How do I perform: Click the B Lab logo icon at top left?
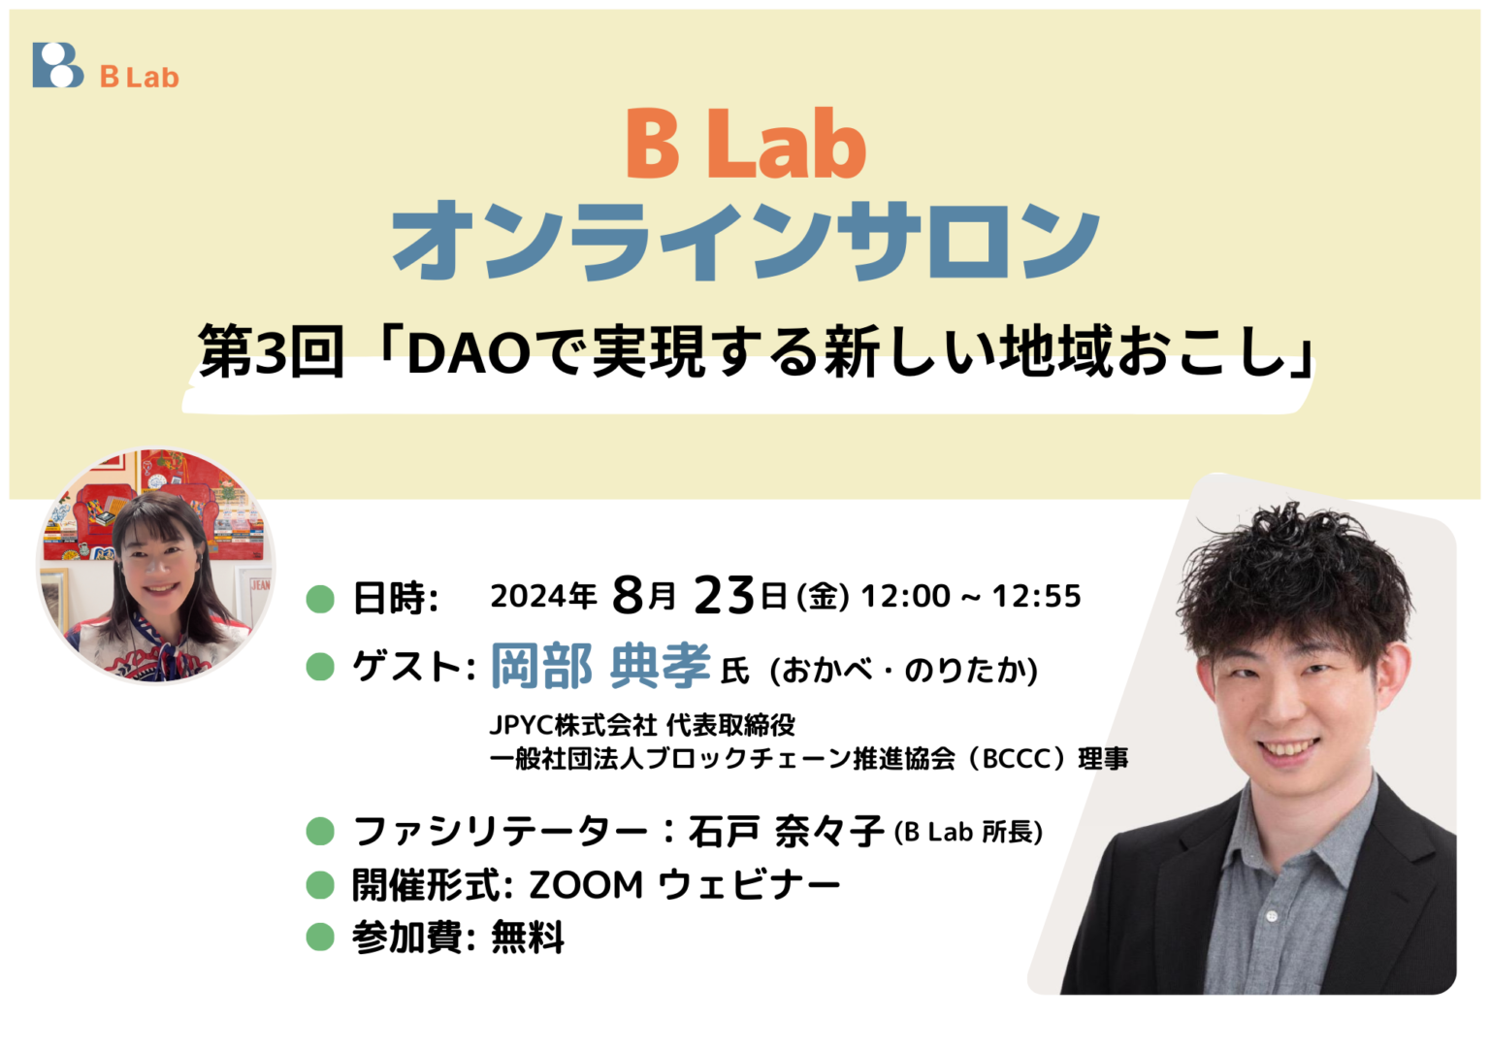click(57, 65)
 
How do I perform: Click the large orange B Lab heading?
click(745, 146)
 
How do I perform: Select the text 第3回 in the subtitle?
click(271, 351)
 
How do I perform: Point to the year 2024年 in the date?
click(543, 596)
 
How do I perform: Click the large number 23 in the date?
click(724, 595)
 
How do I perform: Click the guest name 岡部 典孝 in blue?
click(600, 667)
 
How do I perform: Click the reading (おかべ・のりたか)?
click(903, 670)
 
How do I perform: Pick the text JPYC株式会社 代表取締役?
click(642, 725)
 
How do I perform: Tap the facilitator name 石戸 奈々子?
click(786, 832)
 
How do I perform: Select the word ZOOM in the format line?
click(586, 885)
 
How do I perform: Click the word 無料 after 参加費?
click(528, 938)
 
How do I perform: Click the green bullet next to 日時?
click(320, 599)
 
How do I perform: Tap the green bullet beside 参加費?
click(320, 938)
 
